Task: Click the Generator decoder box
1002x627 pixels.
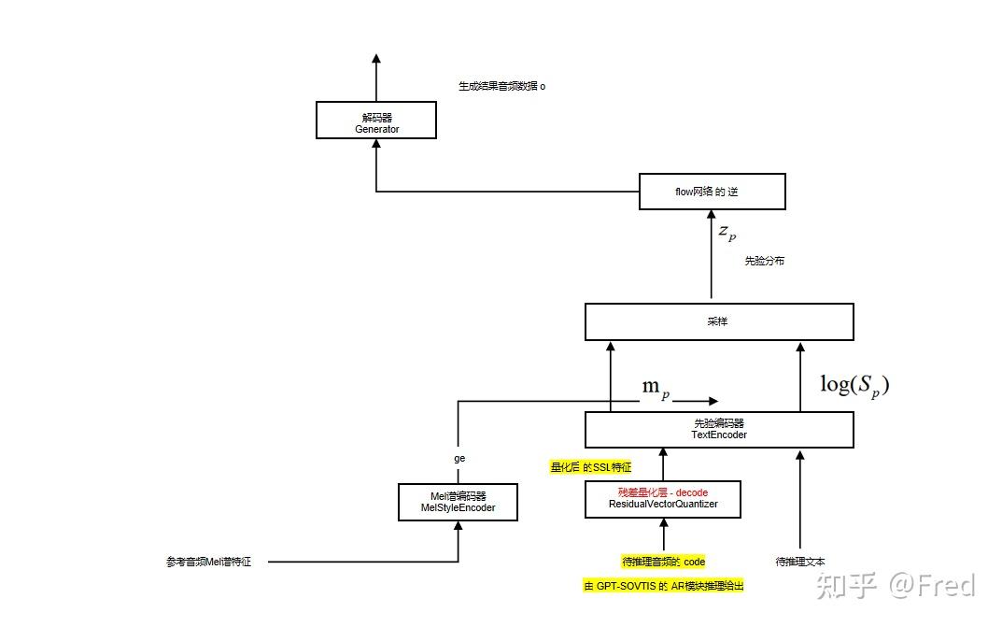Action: [x=376, y=121]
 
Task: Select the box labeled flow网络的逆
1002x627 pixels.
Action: [x=712, y=192]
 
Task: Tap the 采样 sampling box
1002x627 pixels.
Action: [x=718, y=321]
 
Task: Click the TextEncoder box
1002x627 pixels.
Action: [x=718, y=429]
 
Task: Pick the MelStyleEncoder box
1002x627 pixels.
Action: [x=458, y=502]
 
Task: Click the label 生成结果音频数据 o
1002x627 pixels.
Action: [x=501, y=86]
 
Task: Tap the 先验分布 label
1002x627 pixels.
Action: [x=764, y=261]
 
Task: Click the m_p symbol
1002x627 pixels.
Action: [x=656, y=388]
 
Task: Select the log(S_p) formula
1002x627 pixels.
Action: [x=854, y=384]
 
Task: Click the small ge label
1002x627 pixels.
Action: [x=459, y=459]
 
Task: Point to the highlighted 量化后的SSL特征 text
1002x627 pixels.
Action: [x=591, y=466]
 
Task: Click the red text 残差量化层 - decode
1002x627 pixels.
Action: [x=662, y=492]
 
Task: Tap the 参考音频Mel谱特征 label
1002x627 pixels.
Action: [x=208, y=562]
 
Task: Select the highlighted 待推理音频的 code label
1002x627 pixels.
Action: [x=663, y=562]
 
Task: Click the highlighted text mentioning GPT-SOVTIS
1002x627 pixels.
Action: [x=663, y=586]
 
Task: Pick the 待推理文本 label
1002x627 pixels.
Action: [x=799, y=562]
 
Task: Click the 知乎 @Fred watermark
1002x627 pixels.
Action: [x=896, y=586]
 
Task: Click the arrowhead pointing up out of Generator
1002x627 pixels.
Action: [x=376, y=58]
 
